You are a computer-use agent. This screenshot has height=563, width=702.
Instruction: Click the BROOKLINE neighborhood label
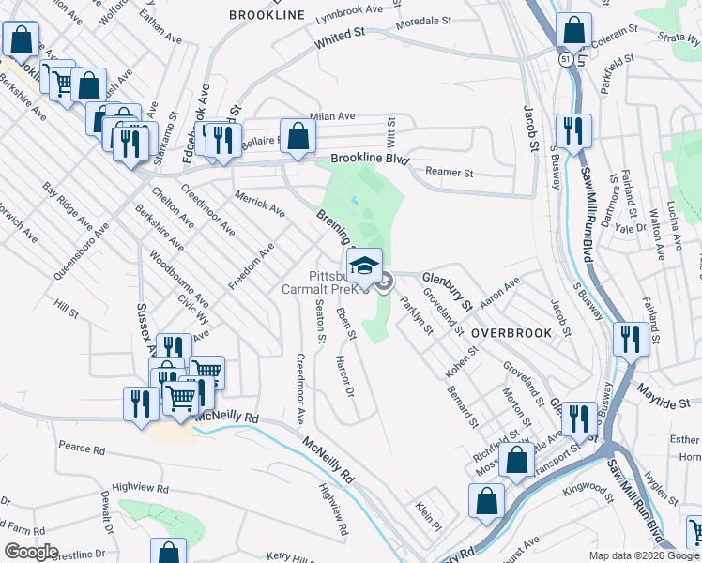click(x=267, y=15)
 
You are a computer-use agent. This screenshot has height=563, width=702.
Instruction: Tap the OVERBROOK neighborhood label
click(x=509, y=333)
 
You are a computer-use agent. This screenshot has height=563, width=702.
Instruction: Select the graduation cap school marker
click(x=365, y=266)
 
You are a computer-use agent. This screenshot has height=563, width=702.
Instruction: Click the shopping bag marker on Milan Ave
click(x=298, y=137)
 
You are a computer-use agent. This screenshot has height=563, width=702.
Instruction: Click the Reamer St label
click(x=450, y=173)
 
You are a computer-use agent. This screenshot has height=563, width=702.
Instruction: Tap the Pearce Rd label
click(x=81, y=449)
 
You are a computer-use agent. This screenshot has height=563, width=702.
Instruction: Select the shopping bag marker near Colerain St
click(x=572, y=33)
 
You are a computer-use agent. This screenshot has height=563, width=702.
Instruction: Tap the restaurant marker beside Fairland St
click(x=629, y=339)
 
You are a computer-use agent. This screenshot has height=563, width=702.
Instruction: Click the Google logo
click(x=31, y=552)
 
